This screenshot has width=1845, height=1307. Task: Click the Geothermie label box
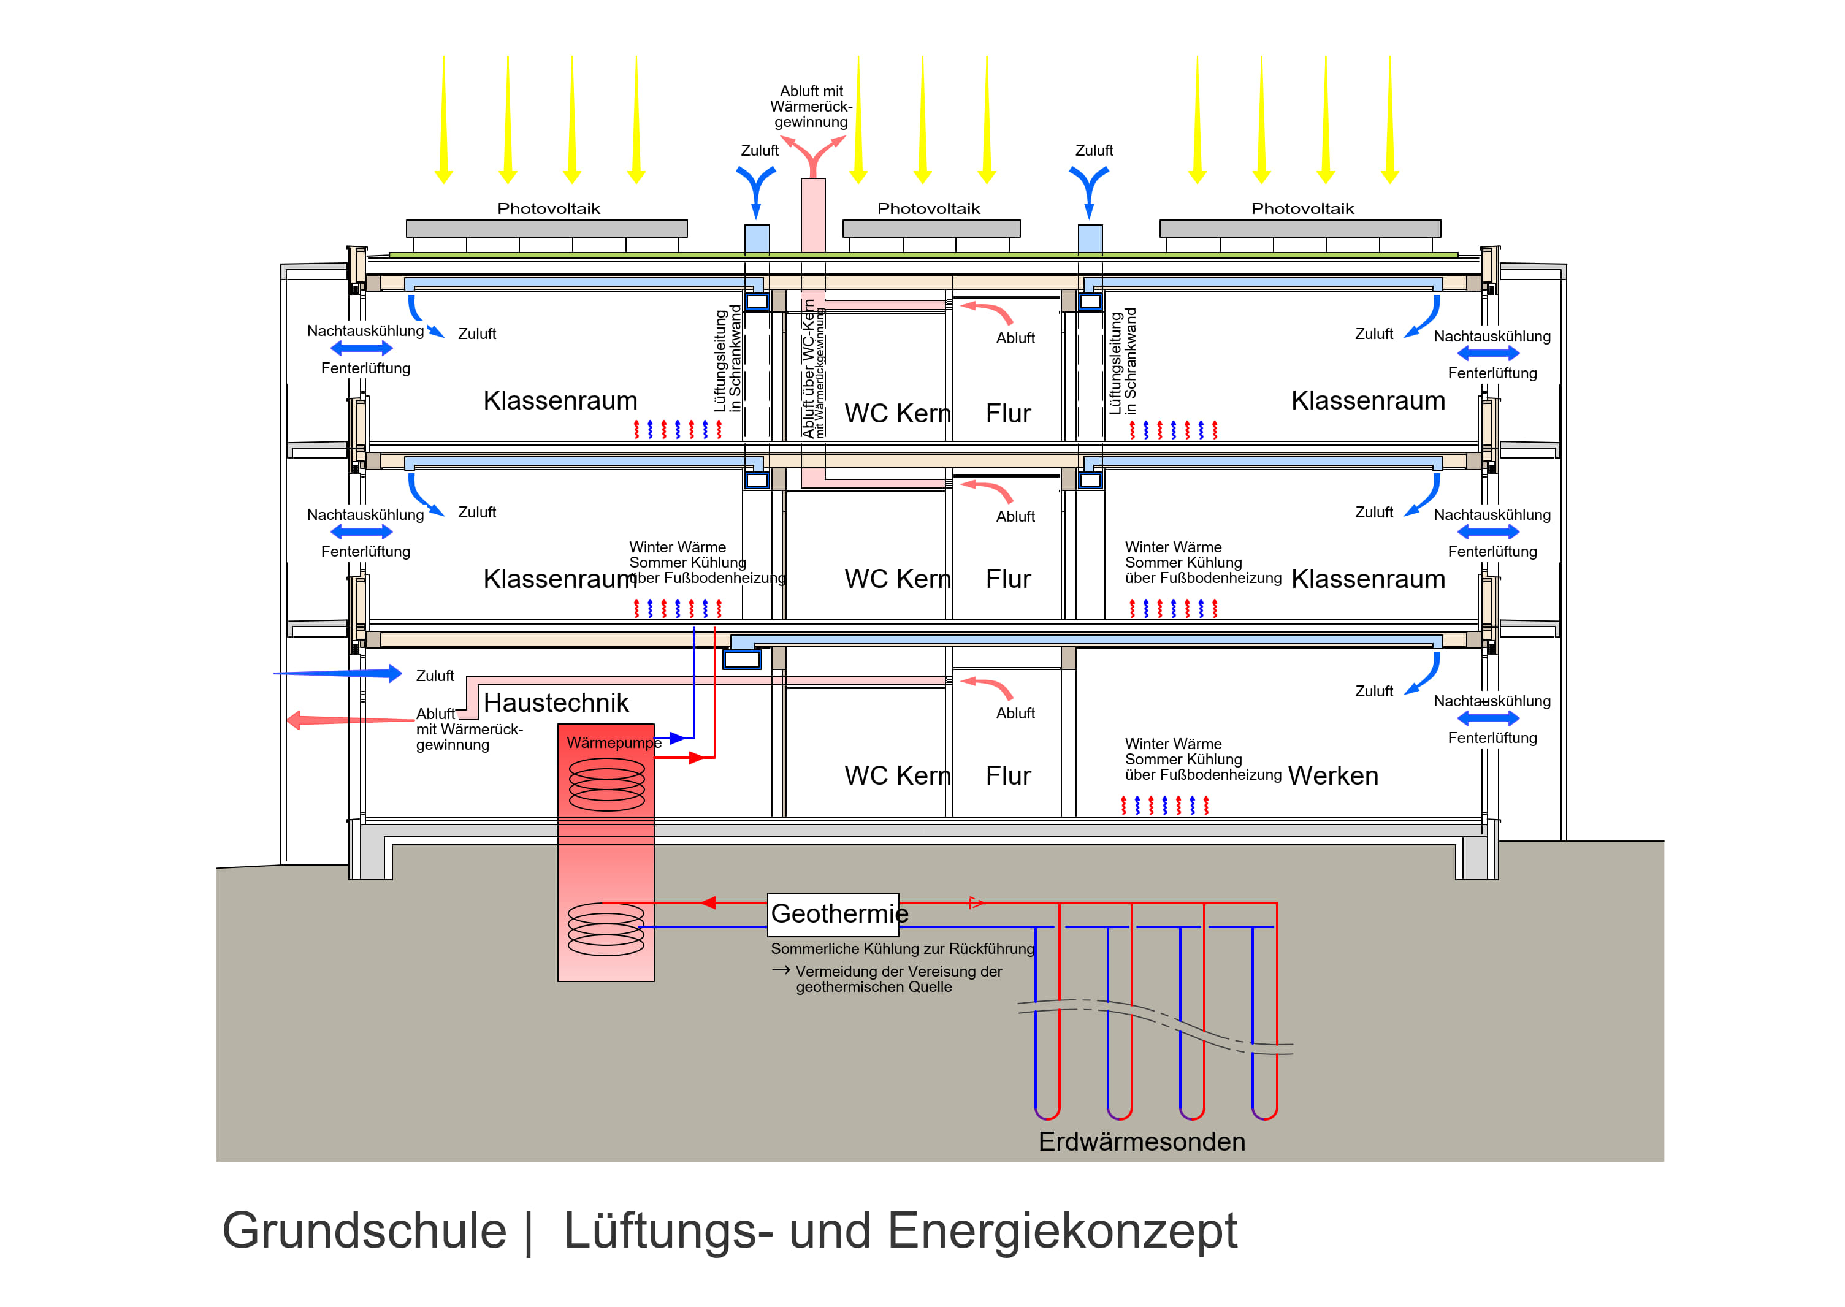pyautogui.click(x=833, y=914)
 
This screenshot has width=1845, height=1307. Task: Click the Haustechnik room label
pyautogui.click(x=556, y=703)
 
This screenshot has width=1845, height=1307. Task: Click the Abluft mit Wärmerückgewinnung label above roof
pyautogui.click(x=811, y=106)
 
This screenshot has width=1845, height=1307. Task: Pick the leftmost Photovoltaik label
pyautogui.click(x=548, y=208)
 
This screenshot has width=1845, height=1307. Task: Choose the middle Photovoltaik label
pyautogui.click(x=928, y=208)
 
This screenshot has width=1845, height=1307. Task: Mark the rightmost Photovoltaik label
pyautogui.click(x=1302, y=208)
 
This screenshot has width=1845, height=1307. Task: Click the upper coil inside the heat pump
pyautogui.click(x=607, y=784)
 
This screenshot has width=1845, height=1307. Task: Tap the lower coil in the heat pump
pyautogui.click(x=606, y=929)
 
